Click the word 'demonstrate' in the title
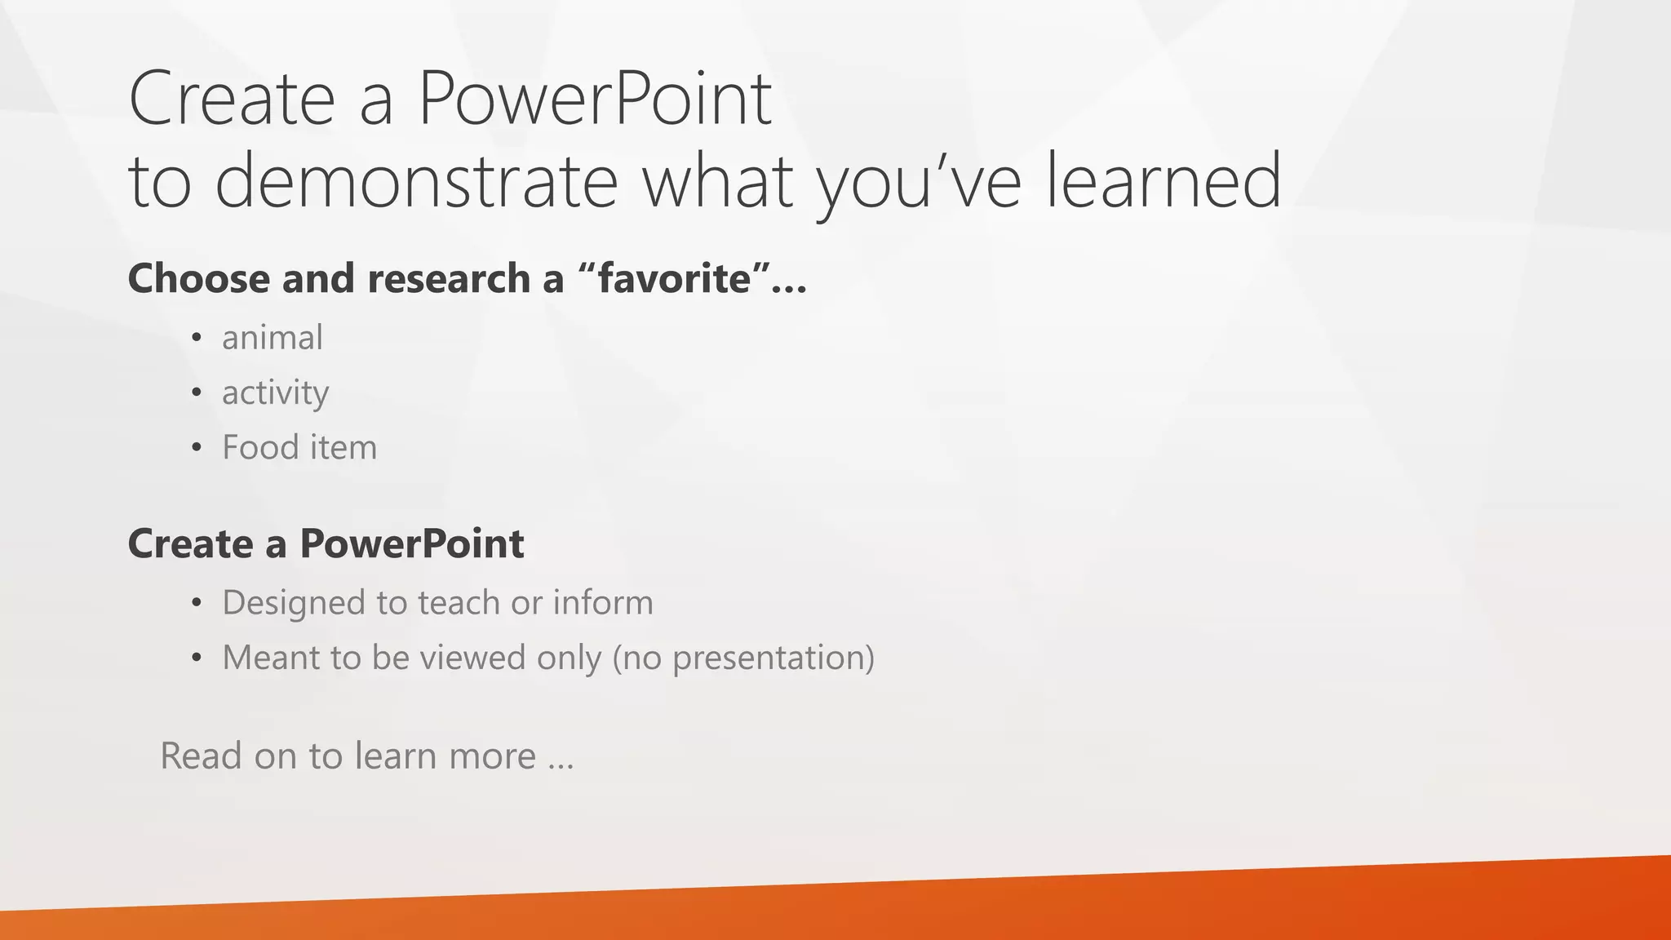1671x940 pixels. pyautogui.click(x=416, y=181)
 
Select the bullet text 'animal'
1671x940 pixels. pyautogui.click(x=273, y=338)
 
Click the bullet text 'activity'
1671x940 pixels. pyautogui.click(x=275, y=393)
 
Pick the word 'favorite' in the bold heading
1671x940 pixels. pyautogui.click(x=674, y=278)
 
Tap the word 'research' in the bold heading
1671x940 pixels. pyautogui.click(x=448, y=278)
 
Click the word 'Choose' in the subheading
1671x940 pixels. pyautogui.click(x=199, y=278)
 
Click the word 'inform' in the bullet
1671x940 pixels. pyautogui.click(x=603, y=603)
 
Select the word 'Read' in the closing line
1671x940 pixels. pyautogui.click(x=201, y=756)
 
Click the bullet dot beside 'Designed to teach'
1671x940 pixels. pyautogui.click(x=196, y=604)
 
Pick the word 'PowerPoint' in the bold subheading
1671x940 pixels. pyautogui.click(x=411, y=544)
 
